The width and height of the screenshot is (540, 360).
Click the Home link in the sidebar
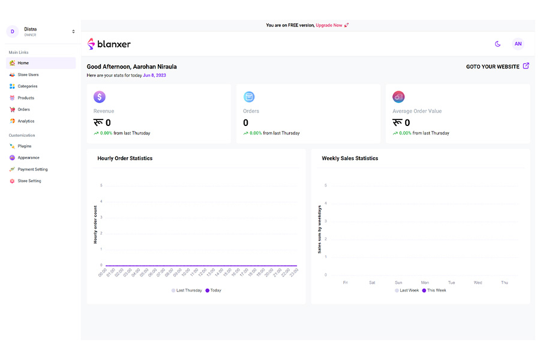[x=23, y=63]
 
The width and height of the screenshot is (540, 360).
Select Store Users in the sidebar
[x=28, y=74]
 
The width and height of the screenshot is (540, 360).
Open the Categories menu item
[x=27, y=86]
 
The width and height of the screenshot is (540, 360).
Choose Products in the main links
[x=26, y=98]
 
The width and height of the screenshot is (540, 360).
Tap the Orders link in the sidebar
[x=23, y=109]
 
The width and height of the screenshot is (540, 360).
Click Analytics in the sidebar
[x=26, y=121]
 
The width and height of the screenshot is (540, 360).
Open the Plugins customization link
[x=24, y=146]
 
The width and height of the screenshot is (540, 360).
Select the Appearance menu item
[x=28, y=158]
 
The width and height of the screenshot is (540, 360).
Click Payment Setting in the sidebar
[x=32, y=169]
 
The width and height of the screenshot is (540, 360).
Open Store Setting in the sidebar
[x=29, y=181]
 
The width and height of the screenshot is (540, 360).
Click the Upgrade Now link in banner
[x=329, y=25]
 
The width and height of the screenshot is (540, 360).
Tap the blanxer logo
[x=109, y=44]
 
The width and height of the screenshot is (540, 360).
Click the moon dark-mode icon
[x=497, y=44]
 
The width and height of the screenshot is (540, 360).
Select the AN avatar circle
[x=518, y=44]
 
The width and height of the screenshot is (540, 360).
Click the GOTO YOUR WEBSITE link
[x=497, y=67]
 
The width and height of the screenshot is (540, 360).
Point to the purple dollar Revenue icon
[x=100, y=97]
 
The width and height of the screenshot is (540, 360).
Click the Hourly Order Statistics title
[x=125, y=158]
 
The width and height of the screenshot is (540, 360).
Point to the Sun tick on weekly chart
[x=398, y=282]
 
